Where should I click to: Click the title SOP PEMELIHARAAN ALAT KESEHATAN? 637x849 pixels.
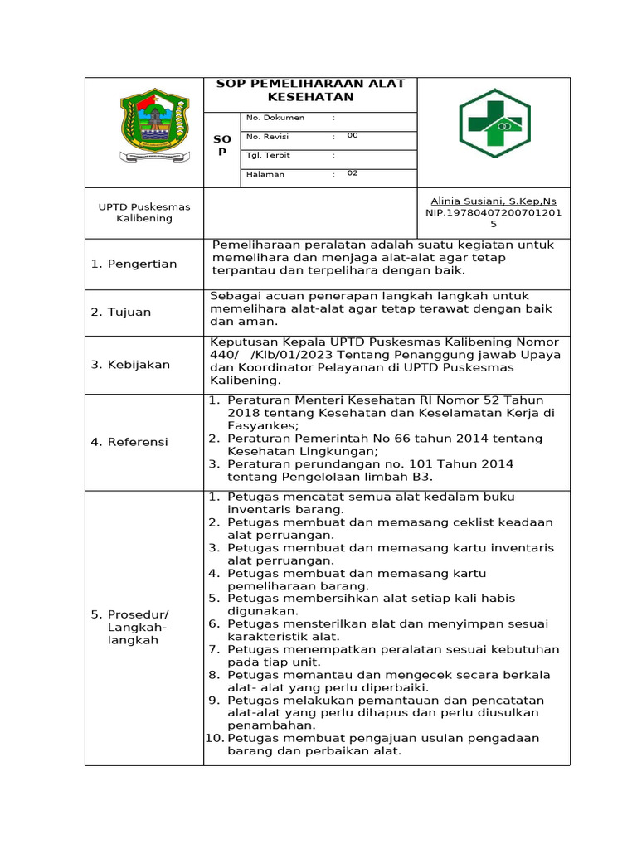310,90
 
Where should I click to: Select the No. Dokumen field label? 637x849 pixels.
275,118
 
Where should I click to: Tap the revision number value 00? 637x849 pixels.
353,136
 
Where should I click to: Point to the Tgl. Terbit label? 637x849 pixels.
268,155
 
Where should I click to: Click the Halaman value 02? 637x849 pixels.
353,174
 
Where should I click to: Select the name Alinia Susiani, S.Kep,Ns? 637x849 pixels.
494,201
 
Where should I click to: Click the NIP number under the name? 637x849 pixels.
494,218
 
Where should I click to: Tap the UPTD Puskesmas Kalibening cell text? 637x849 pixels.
144,212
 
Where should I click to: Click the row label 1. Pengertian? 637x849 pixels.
134,264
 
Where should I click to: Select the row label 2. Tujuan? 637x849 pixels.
121,313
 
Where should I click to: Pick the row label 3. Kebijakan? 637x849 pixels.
130,365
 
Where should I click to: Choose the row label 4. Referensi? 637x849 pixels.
129,442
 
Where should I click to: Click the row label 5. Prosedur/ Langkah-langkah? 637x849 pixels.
129,627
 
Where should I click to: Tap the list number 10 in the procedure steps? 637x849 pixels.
214,738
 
